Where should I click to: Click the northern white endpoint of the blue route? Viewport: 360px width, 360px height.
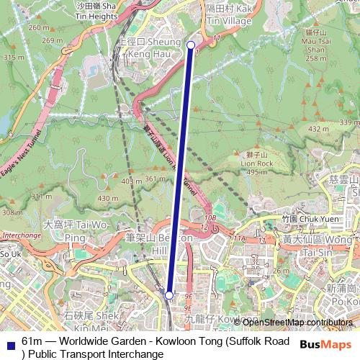[x=191, y=45]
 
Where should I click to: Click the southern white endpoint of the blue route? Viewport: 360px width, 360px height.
[x=168, y=295]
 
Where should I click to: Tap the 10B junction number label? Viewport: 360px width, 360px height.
[x=210, y=217]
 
